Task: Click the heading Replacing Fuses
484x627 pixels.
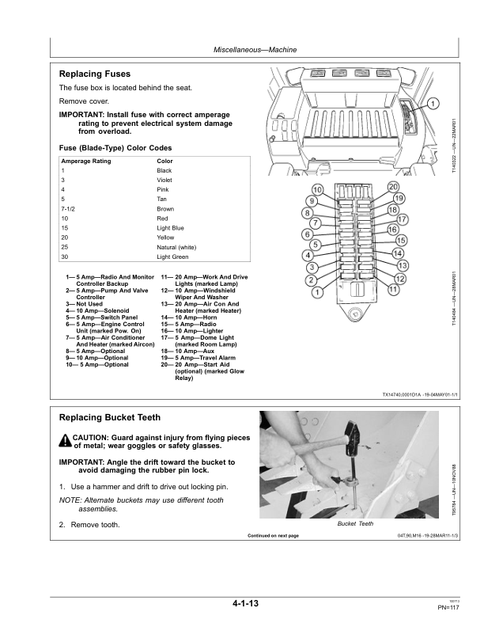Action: tap(96, 74)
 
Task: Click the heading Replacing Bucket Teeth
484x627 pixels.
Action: tap(110, 417)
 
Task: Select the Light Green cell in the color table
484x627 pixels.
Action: tap(172, 257)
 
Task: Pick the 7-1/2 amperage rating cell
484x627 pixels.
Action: tap(69, 209)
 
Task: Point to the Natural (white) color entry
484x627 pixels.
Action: tap(176, 248)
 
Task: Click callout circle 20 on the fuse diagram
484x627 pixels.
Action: tap(393, 187)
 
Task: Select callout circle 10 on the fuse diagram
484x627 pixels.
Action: tap(317, 190)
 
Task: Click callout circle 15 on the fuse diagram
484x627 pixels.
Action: tap(401, 240)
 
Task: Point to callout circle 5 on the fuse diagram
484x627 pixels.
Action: tap(316, 245)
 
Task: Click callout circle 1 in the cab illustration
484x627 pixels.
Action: tap(433, 104)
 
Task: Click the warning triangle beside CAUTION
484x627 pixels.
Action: tap(65, 441)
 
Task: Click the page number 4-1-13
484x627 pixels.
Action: tap(245, 604)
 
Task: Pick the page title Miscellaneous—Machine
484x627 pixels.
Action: tap(255, 50)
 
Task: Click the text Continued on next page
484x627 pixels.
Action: tap(273, 536)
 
